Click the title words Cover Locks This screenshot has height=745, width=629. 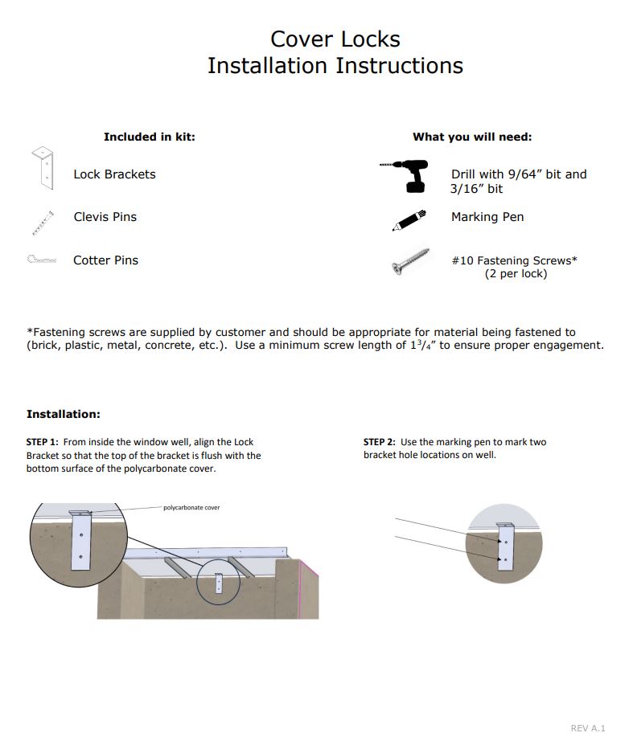[335, 39]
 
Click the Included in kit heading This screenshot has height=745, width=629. [149, 137]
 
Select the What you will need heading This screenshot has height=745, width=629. [472, 137]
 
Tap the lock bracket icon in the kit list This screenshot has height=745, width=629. [43, 168]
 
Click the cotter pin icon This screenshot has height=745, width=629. [42, 260]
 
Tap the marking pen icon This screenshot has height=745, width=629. [409, 219]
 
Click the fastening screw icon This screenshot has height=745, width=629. [410, 262]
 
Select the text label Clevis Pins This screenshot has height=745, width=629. [105, 217]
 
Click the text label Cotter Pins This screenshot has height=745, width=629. [105, 260]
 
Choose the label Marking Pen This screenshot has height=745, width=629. [487, 217]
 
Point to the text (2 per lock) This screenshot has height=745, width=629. [516, 274]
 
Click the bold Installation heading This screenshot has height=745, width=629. [64, 414]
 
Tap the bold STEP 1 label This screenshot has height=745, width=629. [43, 442]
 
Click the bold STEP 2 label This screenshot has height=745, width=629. [380, 442]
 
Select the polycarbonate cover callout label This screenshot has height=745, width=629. [191, 508]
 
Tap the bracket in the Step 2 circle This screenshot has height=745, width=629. [505, 547]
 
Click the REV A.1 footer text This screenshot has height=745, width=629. [587, 728]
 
